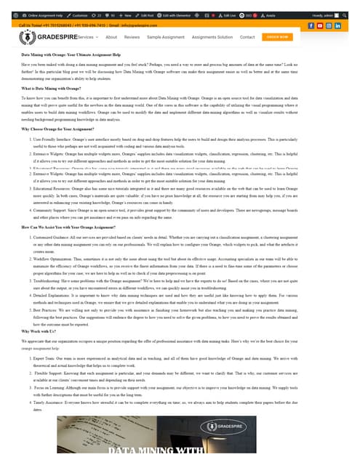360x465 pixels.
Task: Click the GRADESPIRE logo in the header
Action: pos(44,36)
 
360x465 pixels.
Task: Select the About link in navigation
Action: pos(111,36)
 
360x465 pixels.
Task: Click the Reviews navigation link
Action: pos(132,36)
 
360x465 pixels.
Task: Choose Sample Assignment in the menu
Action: pos(166,36)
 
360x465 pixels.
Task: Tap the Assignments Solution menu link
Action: pos(212,36)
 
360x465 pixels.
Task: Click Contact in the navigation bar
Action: pos(247,36)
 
